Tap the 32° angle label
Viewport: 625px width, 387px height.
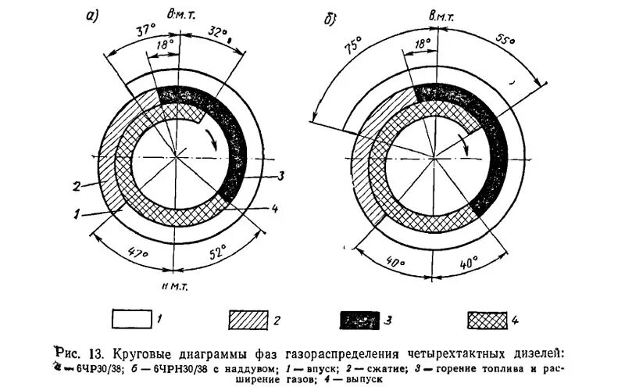click(x=221, y=34)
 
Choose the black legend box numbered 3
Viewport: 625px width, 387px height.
click(x=366, y=319)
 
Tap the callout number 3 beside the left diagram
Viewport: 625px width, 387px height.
click(x=280, y=175)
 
